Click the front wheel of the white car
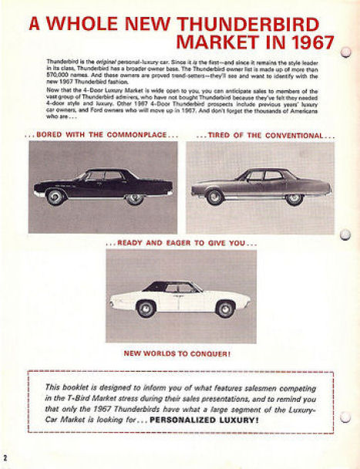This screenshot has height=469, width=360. [x=146, y=309]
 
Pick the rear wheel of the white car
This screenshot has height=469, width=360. [x=225, y=309]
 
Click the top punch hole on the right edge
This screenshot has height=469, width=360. [x=346, y=53]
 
